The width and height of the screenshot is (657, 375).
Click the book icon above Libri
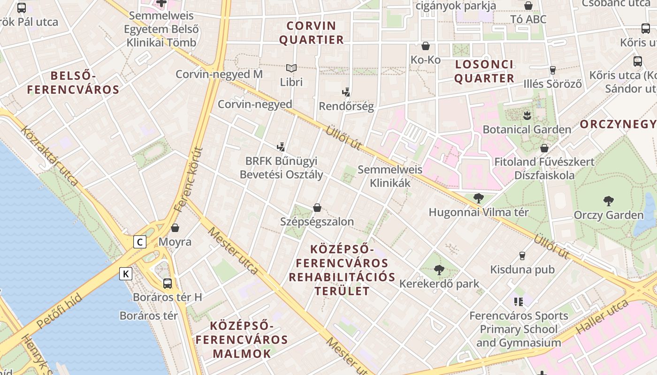(291, 68)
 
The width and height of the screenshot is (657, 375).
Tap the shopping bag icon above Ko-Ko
(426, 46)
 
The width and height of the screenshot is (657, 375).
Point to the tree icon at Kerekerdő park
(439, 270)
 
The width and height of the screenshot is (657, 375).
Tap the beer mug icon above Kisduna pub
(522, 256)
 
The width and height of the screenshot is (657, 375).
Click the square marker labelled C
(139, 242)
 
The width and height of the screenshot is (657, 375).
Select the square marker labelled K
(126, 274)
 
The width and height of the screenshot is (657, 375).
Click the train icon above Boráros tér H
(168, 284)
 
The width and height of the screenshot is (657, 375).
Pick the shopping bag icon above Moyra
(175, 228)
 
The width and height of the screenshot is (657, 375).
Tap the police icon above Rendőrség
(346, 92)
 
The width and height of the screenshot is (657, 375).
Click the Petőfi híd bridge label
(59, 311)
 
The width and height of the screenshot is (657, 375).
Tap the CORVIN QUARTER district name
(312, 32)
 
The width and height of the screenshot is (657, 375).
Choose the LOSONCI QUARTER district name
(484, 71)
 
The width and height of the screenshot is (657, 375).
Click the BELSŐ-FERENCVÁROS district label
(73, 82)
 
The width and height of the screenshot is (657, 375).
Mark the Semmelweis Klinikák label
(390, 176)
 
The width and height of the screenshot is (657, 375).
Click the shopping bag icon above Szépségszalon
(317, 208)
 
